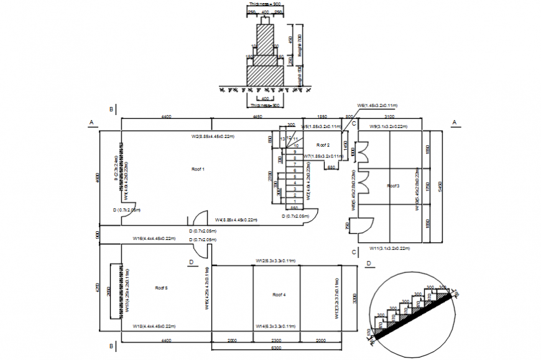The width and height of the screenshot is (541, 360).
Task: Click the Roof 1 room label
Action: [x=198, y=169]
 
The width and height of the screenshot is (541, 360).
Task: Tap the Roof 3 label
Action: [x=393, y=186]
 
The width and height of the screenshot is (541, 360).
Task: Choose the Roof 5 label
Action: [x=162, y=288]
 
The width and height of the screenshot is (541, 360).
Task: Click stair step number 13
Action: [x=282, y=139]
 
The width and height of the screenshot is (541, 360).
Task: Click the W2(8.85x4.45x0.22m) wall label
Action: [x=213, y=136]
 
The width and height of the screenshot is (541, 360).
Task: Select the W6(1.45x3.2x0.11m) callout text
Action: [x=377, y=105]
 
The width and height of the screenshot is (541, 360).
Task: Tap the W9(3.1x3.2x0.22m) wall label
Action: [x=388, y=127]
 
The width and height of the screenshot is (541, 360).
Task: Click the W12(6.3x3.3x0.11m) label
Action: [x=275, y=261]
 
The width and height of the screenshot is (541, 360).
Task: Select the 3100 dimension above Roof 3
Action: [x=389, y=116]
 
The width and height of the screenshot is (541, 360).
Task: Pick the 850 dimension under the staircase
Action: [x=294, y=208]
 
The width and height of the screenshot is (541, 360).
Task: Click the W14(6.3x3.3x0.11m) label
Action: [x=275, y=326]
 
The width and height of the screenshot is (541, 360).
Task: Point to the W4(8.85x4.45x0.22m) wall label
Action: [x=236, y=219]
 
